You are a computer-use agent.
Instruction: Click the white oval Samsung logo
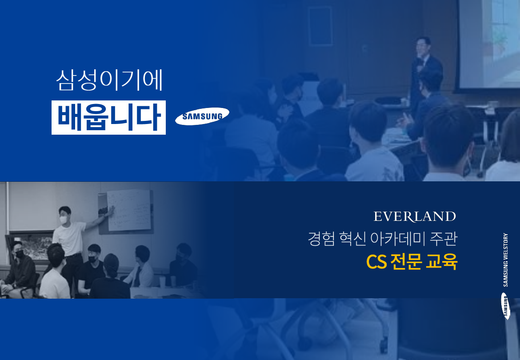click(x=202, y=116)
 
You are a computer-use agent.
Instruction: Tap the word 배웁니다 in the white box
click(x=109, y=117)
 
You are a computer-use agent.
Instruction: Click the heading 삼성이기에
click(x=109, y=80)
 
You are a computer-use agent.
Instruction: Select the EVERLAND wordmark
click(x=415, y=216)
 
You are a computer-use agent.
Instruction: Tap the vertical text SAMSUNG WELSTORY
click(x=505, y=260)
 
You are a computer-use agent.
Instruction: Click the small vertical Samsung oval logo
click(x=505, y=306)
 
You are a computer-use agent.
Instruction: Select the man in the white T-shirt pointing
click(x=71, y=242)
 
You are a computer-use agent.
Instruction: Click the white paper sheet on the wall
click(x=129, y=210)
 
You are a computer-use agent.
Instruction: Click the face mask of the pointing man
click(x=64, y=220)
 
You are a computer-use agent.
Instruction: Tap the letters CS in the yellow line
click(x=376, y=262)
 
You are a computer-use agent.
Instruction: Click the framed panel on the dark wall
click(x=320, y=26)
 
